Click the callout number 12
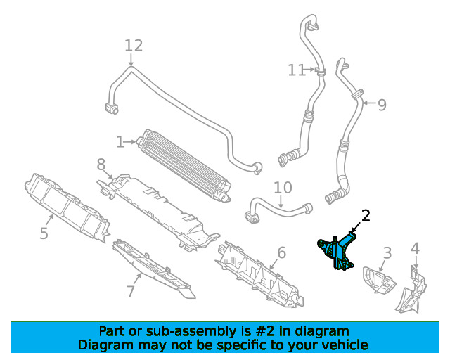(x=134, y=46)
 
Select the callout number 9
(x=382, y=105)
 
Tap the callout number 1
(x=120, y=142)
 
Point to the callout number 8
(x=101, y=165)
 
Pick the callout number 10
(x=283, y=188)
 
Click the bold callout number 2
(x=365, y=216)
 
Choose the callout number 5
(x=44, y=233)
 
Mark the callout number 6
(x=281, y=252)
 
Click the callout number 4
(x=415, y=247)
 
